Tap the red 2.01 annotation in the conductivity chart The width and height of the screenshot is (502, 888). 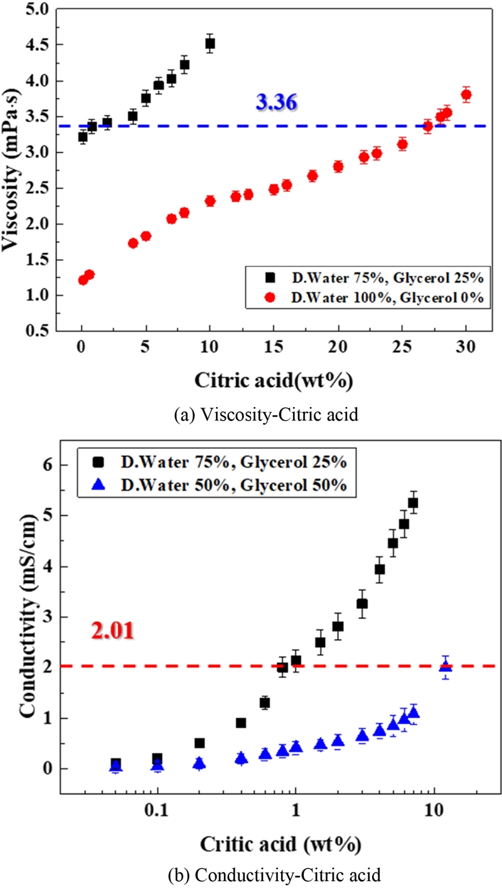[x=112, y=630]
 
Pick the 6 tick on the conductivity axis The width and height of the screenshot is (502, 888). [x=47, y=465]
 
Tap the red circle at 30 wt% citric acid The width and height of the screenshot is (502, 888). [x=466, y=95]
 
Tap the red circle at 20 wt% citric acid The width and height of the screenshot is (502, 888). [x=338, y=166]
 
